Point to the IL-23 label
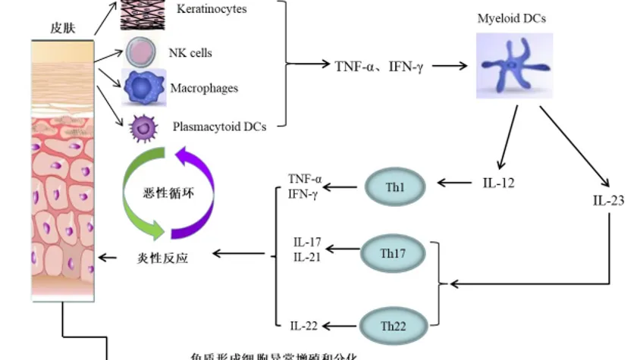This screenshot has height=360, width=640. coord(608,202)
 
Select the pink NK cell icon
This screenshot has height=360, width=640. coord(142,52)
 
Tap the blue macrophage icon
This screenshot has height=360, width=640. coord(143,88)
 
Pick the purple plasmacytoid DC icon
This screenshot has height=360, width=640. coord(141,127)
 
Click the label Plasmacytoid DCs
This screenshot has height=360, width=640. coord(219,127)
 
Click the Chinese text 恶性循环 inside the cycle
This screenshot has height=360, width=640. coord(169,192)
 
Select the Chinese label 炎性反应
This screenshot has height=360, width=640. coord(164,258)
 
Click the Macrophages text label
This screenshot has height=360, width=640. coord(204,89)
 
